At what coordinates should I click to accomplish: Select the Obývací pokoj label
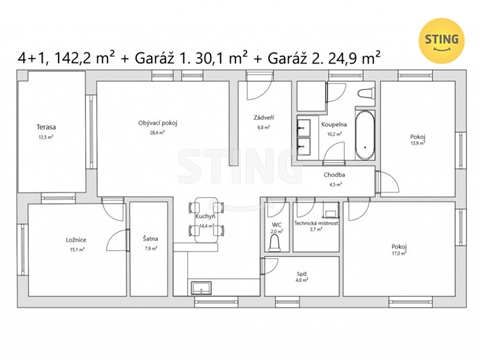coord(157,123)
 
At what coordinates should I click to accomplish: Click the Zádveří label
coord(264,117)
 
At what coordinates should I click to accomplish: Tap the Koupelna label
coord(333,124)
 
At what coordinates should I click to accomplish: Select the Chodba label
coord(335,175)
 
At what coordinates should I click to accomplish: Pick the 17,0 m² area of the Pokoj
coord(399,253)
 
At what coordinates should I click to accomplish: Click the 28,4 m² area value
coord(157,132)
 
